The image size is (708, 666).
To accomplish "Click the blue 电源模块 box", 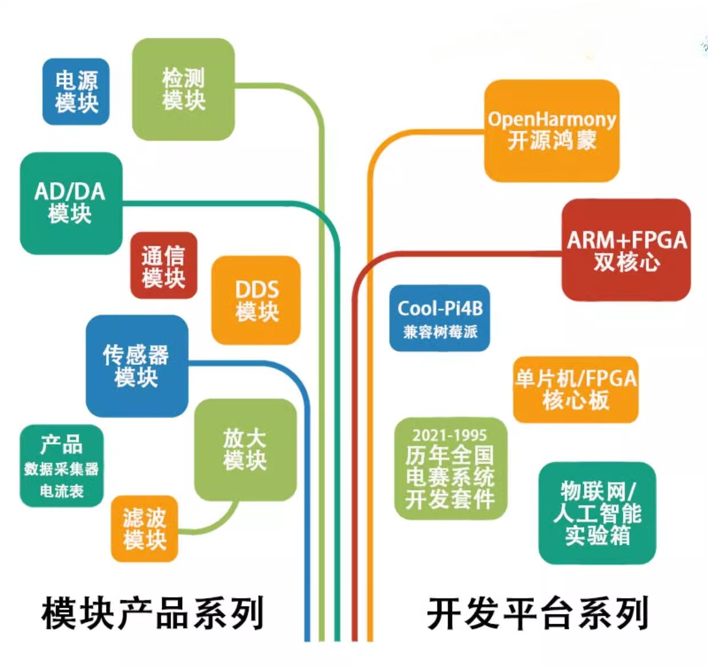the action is click(x=76, y=92).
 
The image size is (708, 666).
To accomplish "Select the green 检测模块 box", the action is click(x=183, y=89).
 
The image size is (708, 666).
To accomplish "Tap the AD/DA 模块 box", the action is click(x=71, y=203).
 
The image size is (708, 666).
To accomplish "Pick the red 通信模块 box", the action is click(x=164, y=266).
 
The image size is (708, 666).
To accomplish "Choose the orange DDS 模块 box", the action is click(x=256, y=300).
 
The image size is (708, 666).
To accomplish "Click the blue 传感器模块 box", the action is click(x=137, y=366).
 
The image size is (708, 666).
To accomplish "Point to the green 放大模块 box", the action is click(x=246, y=450).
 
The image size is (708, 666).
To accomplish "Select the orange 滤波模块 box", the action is click(x=144, y=529).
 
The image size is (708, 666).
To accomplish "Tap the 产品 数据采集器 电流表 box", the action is click(x=62, y=466).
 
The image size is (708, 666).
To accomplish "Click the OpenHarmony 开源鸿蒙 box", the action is click(x=552, y=131).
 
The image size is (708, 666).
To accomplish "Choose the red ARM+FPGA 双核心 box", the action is click(x=626, y=250).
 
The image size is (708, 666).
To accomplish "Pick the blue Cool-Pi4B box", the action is click(x=440, y=318).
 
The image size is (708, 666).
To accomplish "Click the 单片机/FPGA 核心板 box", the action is click(x=576, y=390).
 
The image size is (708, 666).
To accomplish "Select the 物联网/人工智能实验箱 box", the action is click(x=597, y=513).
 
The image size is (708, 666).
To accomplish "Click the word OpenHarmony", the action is click(x=552, y=120).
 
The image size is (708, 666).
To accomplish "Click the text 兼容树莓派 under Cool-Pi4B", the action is click(x=440, y=332).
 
